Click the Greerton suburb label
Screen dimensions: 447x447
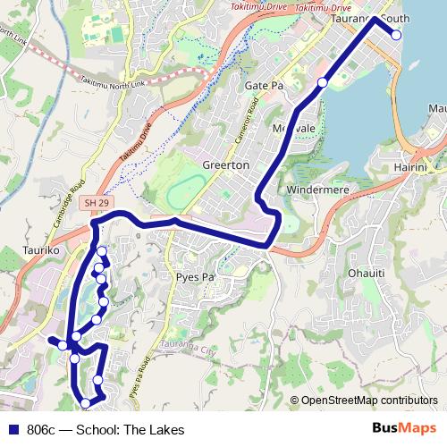(x=218, y=166)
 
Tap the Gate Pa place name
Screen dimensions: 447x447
(x=264, y=85)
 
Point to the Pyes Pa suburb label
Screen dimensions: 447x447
(x=197, y=278)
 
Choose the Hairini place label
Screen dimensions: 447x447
(x=413, y=167)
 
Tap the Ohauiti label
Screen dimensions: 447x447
(x=367, y=271)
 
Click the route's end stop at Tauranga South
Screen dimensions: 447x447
(x=397, y=36)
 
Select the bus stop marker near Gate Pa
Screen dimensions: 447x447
(x=323, y=83)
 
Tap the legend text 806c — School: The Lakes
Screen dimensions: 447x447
(x=105, y=430)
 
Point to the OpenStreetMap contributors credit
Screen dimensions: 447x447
(x=367, y=401)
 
